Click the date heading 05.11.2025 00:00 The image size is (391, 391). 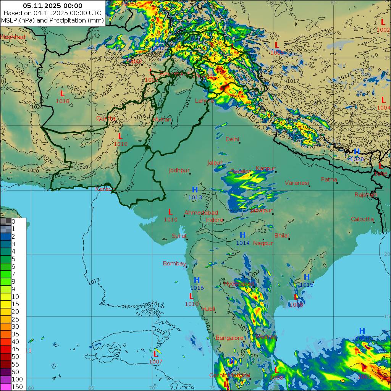[52, 6]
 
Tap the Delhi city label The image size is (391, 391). [232, 139]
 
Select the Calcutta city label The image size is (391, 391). [362, 219]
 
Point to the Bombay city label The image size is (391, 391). [174, 263]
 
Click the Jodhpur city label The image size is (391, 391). [179, 170]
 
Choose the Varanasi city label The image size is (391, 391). [296, 183]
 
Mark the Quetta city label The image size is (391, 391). [106, 118]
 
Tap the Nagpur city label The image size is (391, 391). [263, 243]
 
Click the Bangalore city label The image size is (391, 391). [229, 338]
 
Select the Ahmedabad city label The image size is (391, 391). [201, 213]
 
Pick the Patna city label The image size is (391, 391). [329, 179]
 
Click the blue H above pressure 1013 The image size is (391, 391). [195, 190]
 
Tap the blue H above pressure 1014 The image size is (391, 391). [242, 235]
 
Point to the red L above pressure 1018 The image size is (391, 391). [62, 94]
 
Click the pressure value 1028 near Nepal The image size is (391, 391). [357, 159]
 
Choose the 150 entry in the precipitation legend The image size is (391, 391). [17, 387]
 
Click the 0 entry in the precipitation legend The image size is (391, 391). [13, 221]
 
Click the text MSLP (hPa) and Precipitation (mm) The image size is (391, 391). [52, 20]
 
